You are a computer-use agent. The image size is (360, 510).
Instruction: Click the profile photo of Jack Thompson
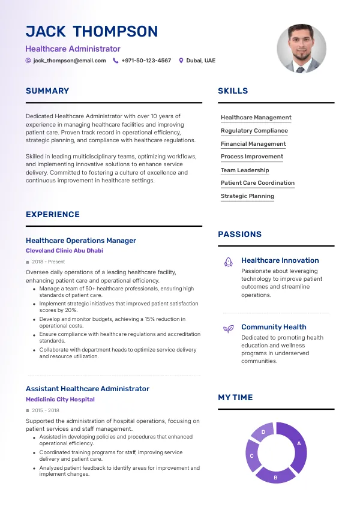(x=301, y=49)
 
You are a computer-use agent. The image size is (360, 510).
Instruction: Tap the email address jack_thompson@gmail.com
(x=70, y=61)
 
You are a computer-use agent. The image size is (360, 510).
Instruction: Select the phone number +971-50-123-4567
(x=146, y=61)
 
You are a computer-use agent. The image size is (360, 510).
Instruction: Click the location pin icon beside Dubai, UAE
(x=181, y=61)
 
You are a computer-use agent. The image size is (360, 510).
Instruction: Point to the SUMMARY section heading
(x=47, y=91)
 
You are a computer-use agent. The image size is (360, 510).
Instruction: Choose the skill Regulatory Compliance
(x=254, y=131)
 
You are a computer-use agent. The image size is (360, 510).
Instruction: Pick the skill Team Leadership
(x=245, y=170)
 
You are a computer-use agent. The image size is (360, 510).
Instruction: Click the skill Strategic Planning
(x=247, y=196)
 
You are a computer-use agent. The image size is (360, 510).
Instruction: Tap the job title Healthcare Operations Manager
(x=81, y=241)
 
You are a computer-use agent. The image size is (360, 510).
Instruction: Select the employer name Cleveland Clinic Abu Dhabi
(x=64, y=251)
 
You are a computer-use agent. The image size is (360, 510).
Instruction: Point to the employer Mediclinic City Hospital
(x=60, y=400)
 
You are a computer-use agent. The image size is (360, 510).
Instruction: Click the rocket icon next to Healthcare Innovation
(x=228, y=261)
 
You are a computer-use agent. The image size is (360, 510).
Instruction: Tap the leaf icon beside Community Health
(x=228, y=328)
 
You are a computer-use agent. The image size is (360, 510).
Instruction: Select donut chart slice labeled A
(x=296, y=445)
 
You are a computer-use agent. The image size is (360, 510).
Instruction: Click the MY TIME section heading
(x=235, y=398)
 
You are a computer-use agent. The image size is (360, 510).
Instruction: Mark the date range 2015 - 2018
(x=46, y=410)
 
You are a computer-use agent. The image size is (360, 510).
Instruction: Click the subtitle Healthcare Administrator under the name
(x=73, y=49)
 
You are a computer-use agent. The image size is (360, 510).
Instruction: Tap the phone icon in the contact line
(x=116, y=61)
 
